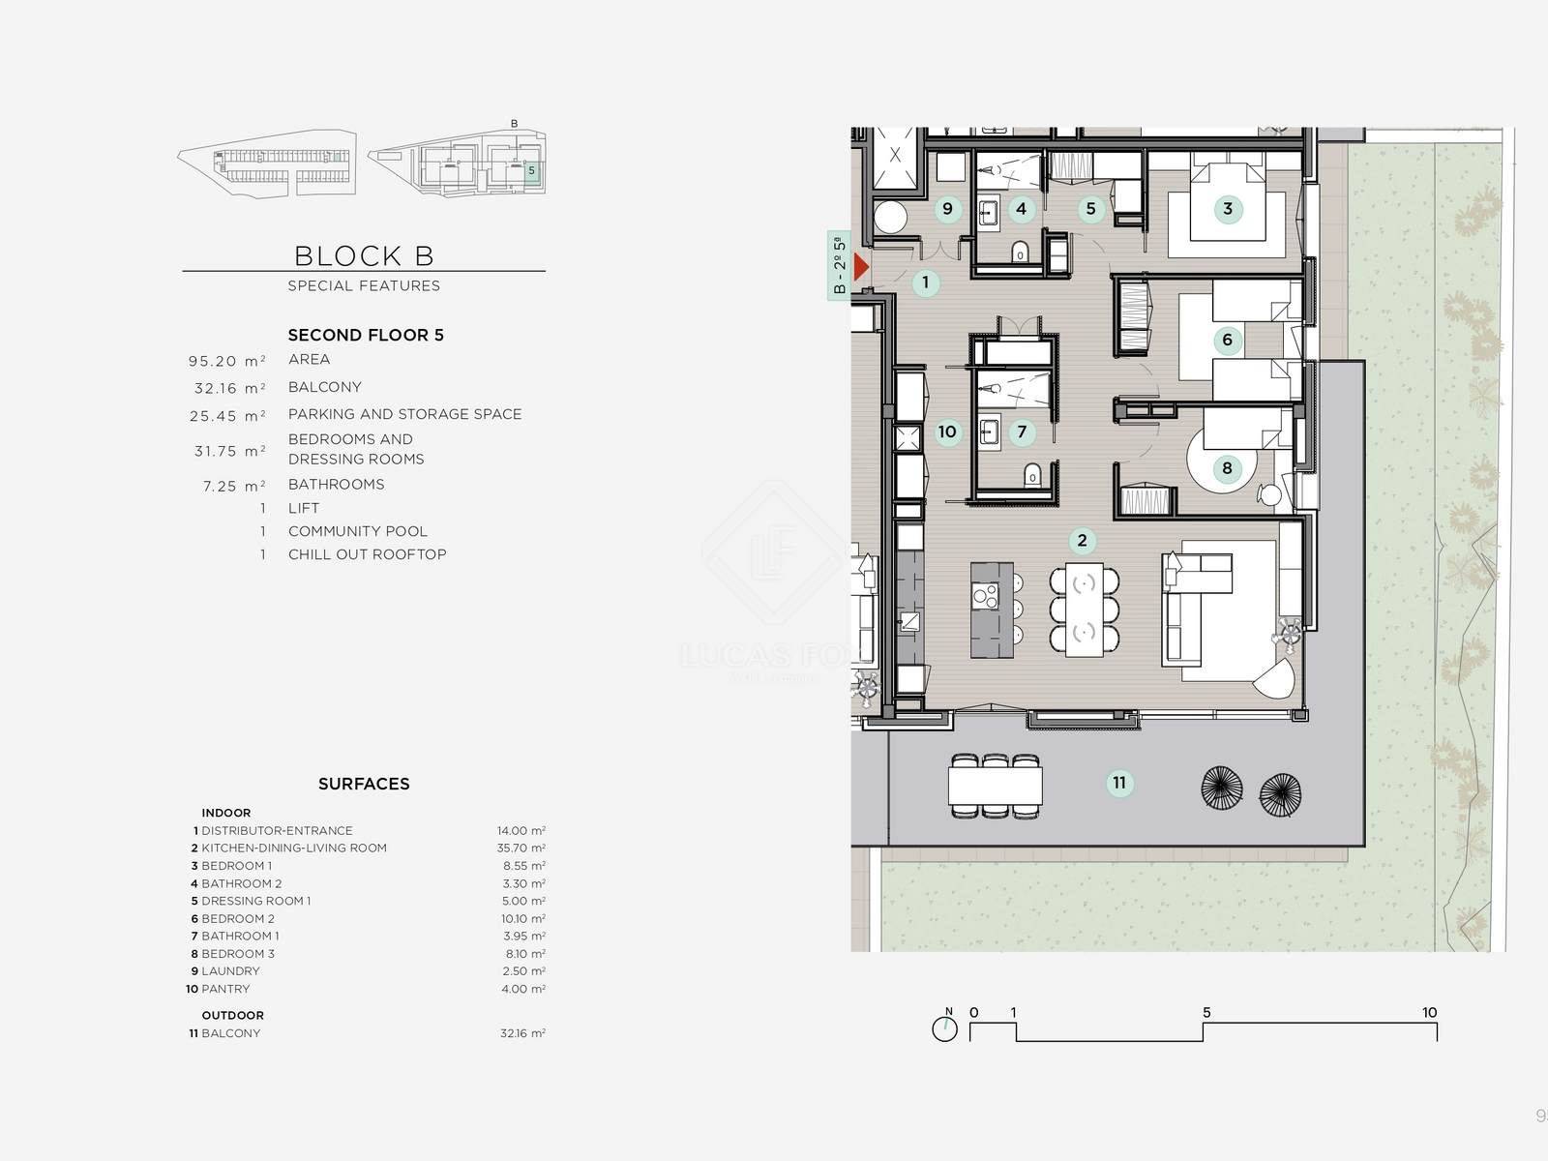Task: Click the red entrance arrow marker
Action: point(860,267)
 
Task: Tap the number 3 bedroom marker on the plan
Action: point(1228,209)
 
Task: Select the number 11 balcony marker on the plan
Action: point(1119,783)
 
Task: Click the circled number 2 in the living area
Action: point(1082,541)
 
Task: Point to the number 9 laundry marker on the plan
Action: point(947,209)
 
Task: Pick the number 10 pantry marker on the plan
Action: point(947,432)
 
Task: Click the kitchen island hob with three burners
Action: point(986,596)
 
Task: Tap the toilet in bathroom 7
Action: point(1032,476)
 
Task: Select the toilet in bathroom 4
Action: point(1020,252)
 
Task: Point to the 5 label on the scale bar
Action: point(1206,1012)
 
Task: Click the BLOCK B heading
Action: point(364,255)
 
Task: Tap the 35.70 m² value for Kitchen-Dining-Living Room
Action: point(521,848)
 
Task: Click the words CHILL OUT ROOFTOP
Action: point(367,554)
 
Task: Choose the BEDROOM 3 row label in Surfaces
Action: point(238,954)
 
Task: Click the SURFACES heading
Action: point(364,784)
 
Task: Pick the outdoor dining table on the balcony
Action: point(996,786)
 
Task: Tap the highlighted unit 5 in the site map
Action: point(532,170)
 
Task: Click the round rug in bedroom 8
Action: point(1222,461)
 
